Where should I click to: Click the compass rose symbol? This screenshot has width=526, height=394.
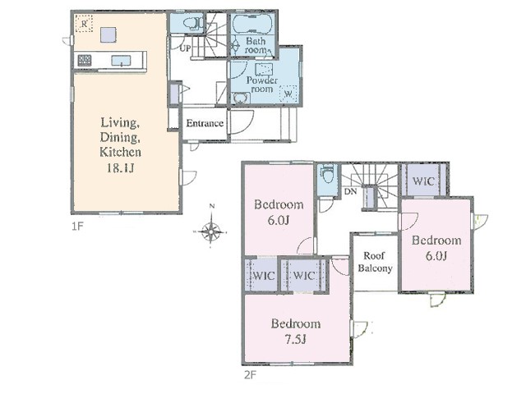pyautogui.click(x=211, y=231)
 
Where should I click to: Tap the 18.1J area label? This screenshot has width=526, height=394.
pyautogui.click(x=121, y=167)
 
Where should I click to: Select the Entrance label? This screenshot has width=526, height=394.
pyautogui.click(x=205, y=123)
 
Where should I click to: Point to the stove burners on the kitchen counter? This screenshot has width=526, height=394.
pyautogui.click(x=84, y=60)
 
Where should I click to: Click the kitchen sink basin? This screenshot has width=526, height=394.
pyautogui.click(x=121, y=61)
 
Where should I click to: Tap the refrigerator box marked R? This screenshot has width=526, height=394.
pyautogui.click(x=84, y=24)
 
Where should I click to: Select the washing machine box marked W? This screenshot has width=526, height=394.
pyautogui.click(x=288, y=94)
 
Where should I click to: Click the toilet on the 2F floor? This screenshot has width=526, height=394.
pyautogui.click(x=327, y=175)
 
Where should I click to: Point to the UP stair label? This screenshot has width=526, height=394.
pyautogui.click(x=185, y=48)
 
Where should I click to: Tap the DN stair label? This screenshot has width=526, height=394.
pyautogui.click(x=351, y=191)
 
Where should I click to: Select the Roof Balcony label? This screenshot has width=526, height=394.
pyautogui.click(x=375, y=262)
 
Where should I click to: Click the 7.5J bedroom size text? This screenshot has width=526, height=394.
pyautogui.click(x=296, y=340)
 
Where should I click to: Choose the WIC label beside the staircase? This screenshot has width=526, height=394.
pyautogui.click(x=423, y=181)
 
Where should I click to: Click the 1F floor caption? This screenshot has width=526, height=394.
pyautogui.click(x=76, y=227)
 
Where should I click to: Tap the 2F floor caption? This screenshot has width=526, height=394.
pyautogui.click(x=250, y=375)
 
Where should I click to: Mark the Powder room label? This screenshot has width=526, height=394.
pyautogui.click(x=262, y=85)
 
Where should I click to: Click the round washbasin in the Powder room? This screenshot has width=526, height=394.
pyautogui.click(x=240, y=98)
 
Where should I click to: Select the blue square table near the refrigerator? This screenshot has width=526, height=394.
pyautogui.click(x=108, y=34)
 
